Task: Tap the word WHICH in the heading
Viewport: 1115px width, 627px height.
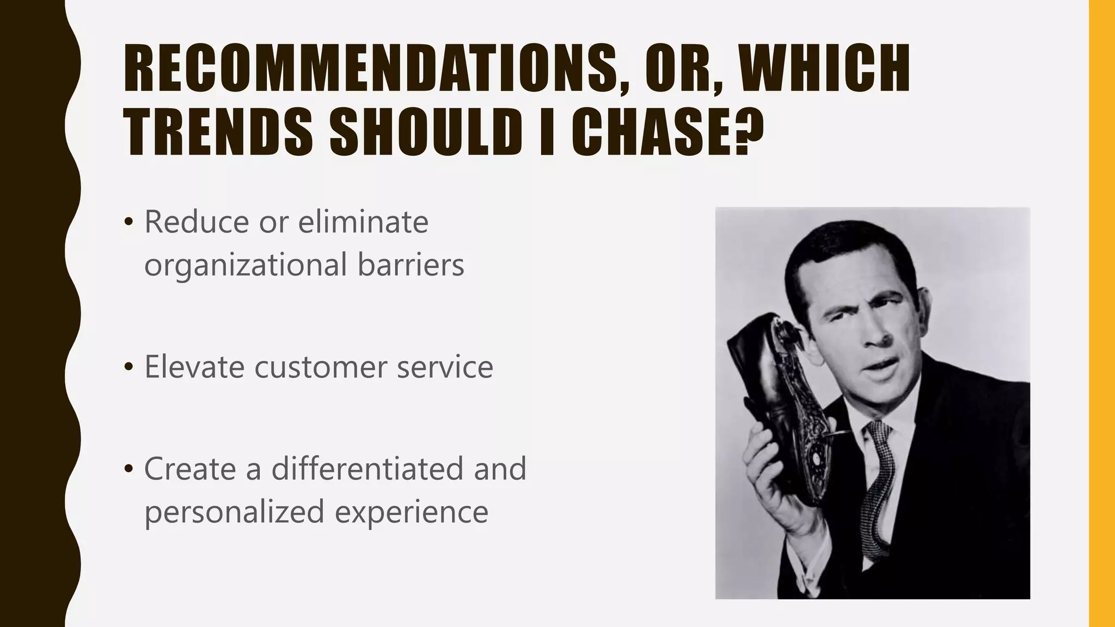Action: coord(823,69)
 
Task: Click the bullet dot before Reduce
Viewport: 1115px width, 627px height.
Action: coord(128,223)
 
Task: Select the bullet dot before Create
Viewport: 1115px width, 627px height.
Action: coord(128,469)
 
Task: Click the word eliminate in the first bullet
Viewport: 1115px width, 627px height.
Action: coord(363,222)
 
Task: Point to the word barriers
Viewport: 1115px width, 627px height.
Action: coord(411,265)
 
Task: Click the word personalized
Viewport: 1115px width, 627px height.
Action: coord(235,512)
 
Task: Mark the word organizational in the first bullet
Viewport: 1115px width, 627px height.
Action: coord(246,265)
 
